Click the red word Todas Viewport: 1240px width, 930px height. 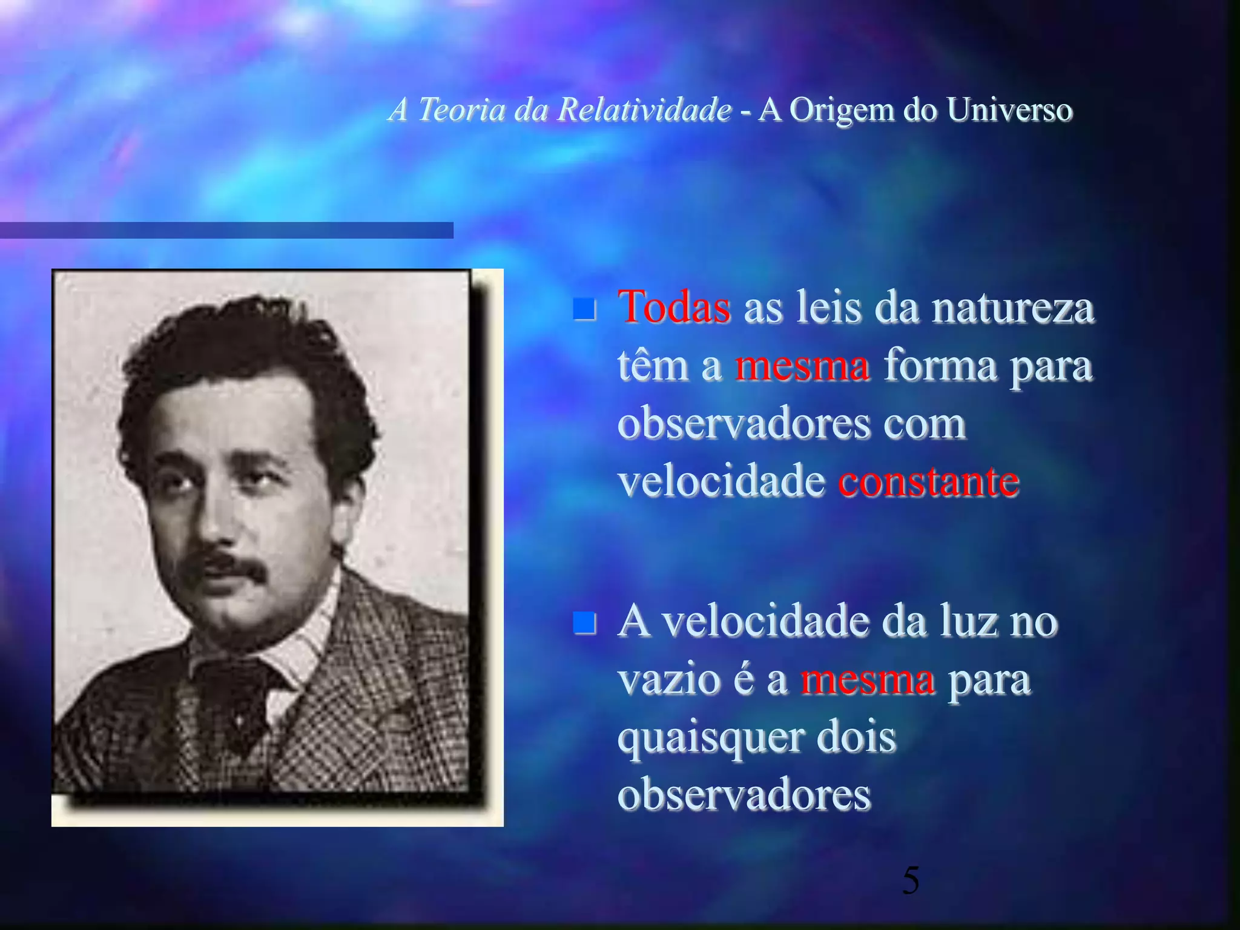pyautogui.click(x=674, y=308)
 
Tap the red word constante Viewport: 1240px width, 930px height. pyautogui.click(x=928, y=482)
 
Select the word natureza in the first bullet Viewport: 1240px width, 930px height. pyautogui.click(x=1013, y=308)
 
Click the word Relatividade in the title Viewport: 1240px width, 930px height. pyautogui.click(x=644, y=110)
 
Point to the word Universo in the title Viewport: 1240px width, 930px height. pyautogui.click(x=1009, y=110)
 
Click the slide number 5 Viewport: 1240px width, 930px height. pyautogui.click(x=911, y=880)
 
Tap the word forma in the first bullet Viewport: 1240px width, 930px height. pyautogui.click(x=940, y=366)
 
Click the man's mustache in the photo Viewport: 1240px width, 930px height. pyautogui.click(x=229, y=567)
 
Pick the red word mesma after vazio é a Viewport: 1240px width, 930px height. pyautogui.click(x=867, y=681)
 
